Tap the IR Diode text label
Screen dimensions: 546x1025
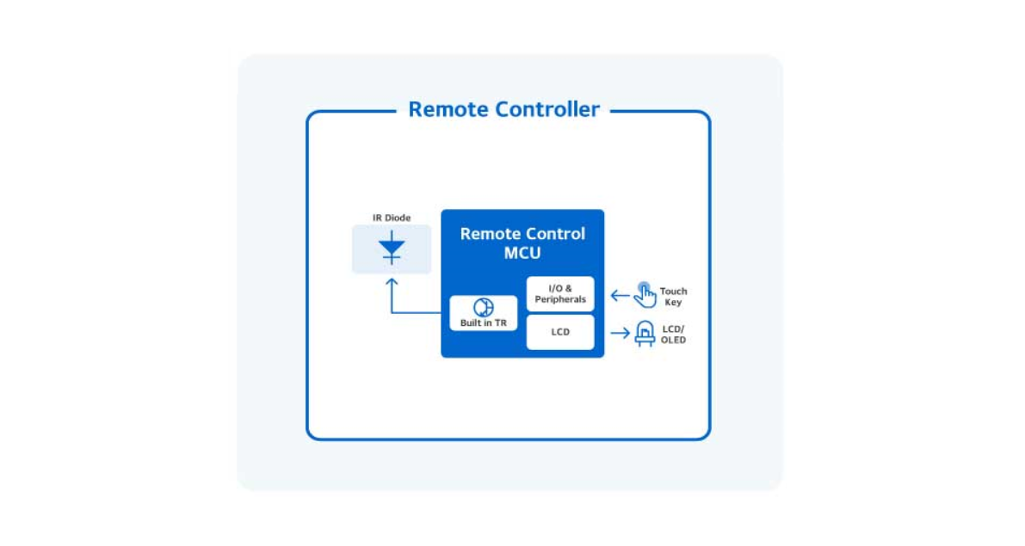tap(392, 218)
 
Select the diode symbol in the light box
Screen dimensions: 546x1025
tap(392, 249)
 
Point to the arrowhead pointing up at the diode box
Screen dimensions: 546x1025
tap(392, 281)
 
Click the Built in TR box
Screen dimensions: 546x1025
tap(483, 314)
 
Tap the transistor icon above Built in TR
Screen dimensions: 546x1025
tap(483, 308)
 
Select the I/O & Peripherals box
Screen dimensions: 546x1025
tap(560, 294)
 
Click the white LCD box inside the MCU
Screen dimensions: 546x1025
tap(560, 332)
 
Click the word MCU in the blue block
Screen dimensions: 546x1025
tap(522, 254)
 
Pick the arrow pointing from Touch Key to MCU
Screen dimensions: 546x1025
tap(620, 296)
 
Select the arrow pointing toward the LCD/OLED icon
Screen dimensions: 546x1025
tap(620, 333)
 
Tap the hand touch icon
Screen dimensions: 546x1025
tap(645, 295)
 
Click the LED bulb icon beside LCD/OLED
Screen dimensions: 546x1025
tap(644, 333)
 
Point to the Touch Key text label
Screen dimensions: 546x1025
tap(673, 297)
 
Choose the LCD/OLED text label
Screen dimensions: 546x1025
tap(673, 334)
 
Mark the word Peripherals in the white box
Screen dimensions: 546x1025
tap(560, 300)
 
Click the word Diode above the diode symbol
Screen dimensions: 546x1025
tap(398, 218)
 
